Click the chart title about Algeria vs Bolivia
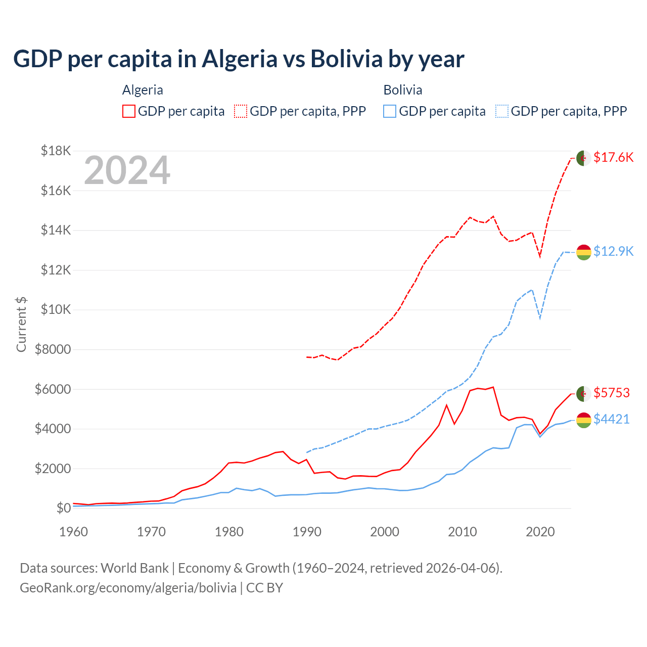point(239,59)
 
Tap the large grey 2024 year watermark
point(127,171)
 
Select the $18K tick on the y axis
point(56,151)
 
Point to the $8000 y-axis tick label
point(53,349)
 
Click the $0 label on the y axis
point(63,508)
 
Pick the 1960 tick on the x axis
point(74,532)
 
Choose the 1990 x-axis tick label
point(307,532)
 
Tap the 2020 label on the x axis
point(540,532)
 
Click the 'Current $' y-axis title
point(21,324)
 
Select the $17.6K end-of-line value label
point(613,158)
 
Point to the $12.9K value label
point(613,251)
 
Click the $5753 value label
point(612,393)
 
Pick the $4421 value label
point(612,419)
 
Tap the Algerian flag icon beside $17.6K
point(584,158)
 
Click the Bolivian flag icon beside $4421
point(584,420)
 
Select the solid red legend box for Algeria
point(129,111)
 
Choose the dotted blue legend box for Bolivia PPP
point(502,111)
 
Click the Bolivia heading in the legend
point(403,90)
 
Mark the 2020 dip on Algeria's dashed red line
point(540,256)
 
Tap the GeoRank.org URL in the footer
point(128,588)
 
